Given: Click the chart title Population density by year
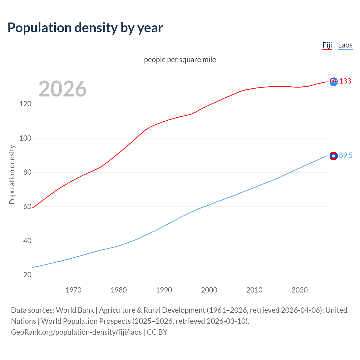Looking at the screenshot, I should [x=85, y=28].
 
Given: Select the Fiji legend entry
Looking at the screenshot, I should [x=327, y=45].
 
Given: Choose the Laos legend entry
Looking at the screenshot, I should [x=345, y=45].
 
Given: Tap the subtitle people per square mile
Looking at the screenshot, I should [x=180, y=60].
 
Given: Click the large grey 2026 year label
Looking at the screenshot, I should [x=62, y=89].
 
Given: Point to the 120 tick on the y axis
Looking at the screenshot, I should [x=25, y=104].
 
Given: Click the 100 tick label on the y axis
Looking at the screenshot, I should [x=25, y=138].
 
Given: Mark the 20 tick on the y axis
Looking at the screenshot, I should [x=27, y=275].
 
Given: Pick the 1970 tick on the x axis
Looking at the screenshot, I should [x=73, y=290].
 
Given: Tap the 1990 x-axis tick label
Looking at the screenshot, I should [x=164, y=290].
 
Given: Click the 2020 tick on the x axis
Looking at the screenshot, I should [x=300, y=290].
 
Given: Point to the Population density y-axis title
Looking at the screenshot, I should [x=12, y=174].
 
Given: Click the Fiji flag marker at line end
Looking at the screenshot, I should [x=334, y=82].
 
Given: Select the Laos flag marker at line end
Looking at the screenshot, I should [x=334, y=156].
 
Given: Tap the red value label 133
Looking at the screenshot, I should [x=345, y=81].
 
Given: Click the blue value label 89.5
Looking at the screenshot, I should [x=346, y=156].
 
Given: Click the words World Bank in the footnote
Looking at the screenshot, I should [x=75, y=310].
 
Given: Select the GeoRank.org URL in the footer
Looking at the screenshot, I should [x=76, y=332].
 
